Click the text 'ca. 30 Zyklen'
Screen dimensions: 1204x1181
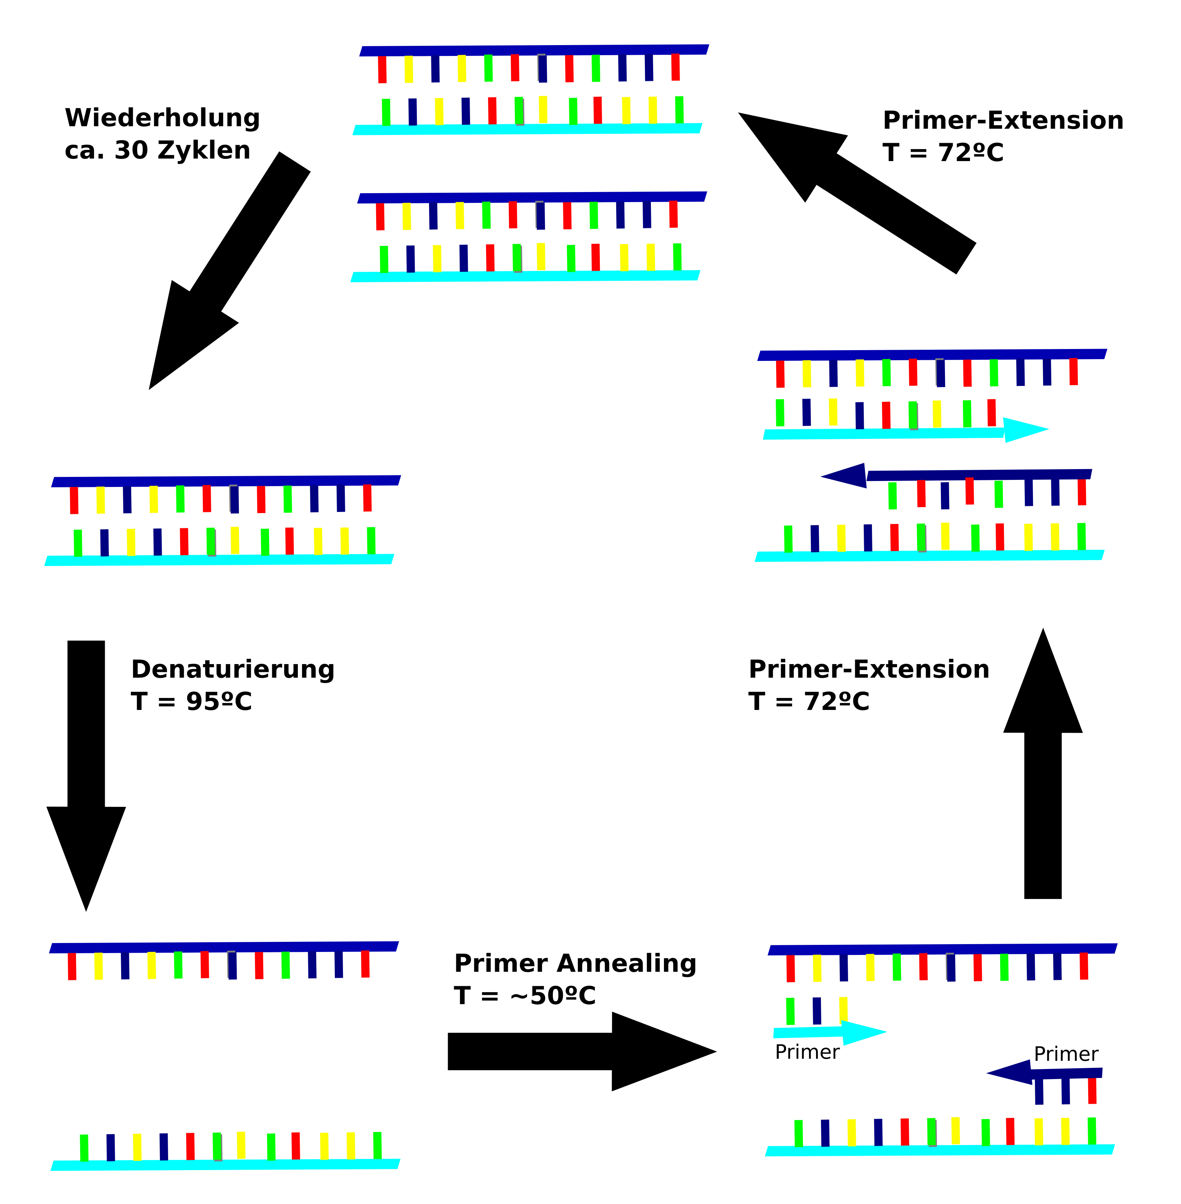[x=158, y=150]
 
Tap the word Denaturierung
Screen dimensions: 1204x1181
[x=233, y=669]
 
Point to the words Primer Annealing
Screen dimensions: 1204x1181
[x=575, y=963]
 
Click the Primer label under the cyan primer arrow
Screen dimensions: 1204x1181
[x=807, y=1052]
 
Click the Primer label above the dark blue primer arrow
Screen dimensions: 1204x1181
[x=1066, y=1054]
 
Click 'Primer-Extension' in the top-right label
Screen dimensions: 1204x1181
[x=1003, y=120]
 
